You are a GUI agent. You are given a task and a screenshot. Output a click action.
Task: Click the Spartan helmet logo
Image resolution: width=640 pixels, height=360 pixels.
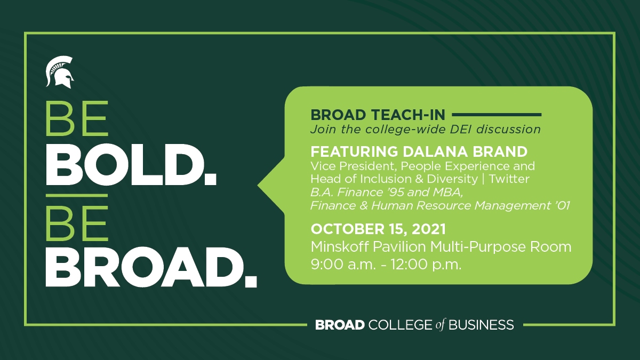59,72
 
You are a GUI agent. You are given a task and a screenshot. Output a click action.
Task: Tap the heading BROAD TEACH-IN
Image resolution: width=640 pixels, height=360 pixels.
378,115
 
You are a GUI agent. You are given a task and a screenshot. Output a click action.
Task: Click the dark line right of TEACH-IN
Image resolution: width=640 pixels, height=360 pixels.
497,114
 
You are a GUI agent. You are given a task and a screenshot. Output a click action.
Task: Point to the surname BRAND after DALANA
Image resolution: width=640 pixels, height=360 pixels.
501,151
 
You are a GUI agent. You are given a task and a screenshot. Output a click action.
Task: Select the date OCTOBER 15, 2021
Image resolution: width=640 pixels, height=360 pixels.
379,229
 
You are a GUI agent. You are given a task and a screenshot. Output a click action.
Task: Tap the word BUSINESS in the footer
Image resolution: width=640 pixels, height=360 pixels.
482,325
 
